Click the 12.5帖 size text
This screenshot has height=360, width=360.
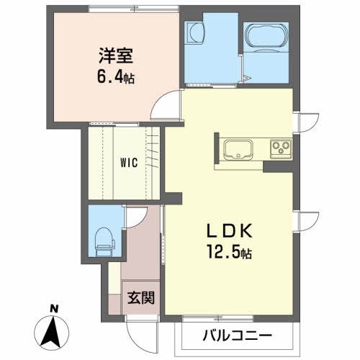229,254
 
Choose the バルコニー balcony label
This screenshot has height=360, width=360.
237,336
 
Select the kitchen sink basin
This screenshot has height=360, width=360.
237,150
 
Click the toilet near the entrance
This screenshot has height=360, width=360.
104,238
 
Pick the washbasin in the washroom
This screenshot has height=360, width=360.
197,33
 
